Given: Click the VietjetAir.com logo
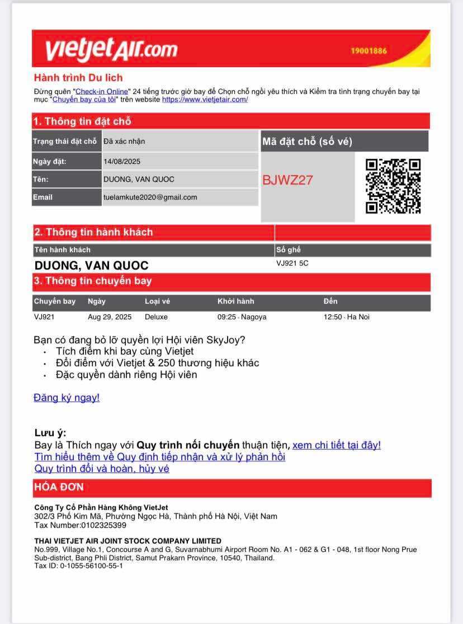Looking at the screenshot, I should [x=111, y=49].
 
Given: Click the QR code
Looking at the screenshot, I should [x=393, y=186].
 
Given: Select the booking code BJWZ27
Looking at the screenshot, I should [x=288, y=180].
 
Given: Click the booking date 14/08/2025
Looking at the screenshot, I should [x=122, y=162].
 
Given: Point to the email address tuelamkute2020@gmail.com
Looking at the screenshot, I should [x=150, y=197].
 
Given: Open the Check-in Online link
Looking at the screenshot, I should [x=102, y=91].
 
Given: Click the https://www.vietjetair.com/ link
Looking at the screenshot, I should [x=205, y=100].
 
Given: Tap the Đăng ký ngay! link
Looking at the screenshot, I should [x=67, y=398].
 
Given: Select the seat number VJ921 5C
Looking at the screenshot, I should [x=292, y=263].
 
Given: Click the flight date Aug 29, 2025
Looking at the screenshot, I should [x=110, y=317].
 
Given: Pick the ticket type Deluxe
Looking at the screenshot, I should [x=156, y=317].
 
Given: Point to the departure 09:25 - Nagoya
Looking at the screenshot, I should [x=242, y=317].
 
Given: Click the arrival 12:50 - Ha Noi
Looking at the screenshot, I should [x=346, y=317].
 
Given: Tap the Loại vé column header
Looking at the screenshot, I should [x=157, y=301].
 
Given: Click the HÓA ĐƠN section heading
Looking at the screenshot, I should [x=59, y=487].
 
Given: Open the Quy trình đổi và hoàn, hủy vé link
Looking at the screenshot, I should [x=102, y=469].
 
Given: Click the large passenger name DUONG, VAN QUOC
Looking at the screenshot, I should [x=92, y=265].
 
